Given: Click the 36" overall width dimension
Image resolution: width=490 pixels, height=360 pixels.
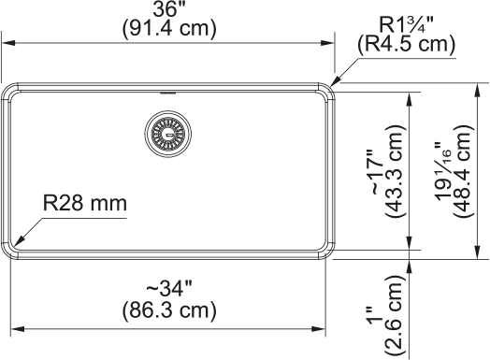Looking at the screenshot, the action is point(169,10).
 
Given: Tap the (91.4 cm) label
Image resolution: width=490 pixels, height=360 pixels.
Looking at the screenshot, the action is point(169,29).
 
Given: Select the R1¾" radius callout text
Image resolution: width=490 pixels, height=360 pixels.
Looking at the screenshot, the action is point(406,24).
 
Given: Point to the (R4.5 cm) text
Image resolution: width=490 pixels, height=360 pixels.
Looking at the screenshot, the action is point(407,44).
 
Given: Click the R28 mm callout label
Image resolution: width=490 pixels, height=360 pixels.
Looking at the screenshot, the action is point(85,203).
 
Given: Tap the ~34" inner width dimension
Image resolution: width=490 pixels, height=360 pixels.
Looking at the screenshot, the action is point(169,289).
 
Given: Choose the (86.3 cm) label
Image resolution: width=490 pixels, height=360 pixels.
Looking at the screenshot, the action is point(169,310).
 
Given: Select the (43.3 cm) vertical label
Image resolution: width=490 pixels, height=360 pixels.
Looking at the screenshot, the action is point(396,171).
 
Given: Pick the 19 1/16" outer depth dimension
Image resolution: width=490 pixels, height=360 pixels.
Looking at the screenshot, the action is point(443,171).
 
